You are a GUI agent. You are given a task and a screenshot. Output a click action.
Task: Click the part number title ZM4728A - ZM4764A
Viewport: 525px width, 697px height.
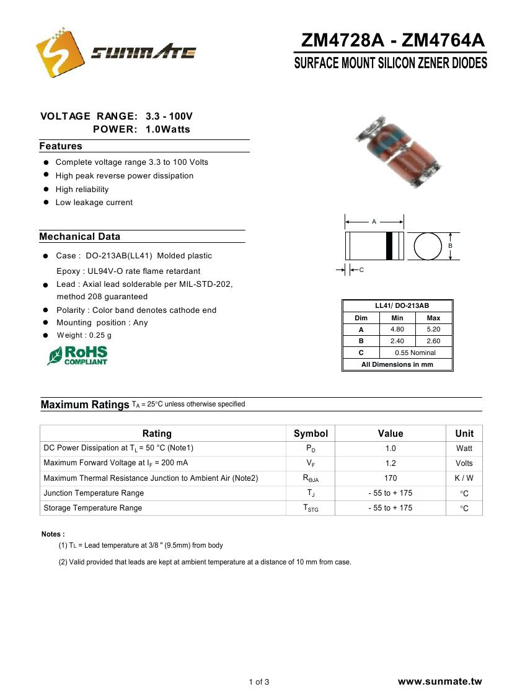tap(392, 41)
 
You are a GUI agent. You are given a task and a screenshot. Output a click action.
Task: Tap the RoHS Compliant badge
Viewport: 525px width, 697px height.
tap(77, 356)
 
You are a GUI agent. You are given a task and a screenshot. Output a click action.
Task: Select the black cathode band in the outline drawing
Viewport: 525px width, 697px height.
tap(390, 246)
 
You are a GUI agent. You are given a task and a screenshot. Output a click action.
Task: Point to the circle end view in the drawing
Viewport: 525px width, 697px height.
tap(426, 246)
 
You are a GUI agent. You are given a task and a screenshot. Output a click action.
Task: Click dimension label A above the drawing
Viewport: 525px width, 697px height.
tap(374, 221)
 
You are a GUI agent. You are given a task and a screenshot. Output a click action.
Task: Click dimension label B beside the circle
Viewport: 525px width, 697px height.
tap(451, 246)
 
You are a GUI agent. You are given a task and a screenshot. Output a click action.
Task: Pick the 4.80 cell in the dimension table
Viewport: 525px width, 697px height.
tap(397, 330)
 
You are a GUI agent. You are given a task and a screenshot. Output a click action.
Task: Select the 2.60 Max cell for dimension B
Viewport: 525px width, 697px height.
tap(433, 341)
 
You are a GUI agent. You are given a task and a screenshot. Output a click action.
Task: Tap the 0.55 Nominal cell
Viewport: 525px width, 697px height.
tap(415, 353)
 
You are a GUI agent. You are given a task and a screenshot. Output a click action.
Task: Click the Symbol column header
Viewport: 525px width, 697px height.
tap(311, 433)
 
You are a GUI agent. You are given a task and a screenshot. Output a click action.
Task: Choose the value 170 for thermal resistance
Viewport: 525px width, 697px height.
tap(390, 478)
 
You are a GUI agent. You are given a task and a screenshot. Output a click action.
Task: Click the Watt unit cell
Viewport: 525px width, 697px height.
tap(464, 449)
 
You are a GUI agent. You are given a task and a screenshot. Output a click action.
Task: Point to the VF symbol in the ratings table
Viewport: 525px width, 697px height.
tap(311, 463)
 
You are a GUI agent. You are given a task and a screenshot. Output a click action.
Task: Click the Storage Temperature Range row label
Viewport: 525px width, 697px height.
tap(93, 508)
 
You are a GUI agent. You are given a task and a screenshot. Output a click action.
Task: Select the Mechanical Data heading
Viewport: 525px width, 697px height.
tap(80, 237)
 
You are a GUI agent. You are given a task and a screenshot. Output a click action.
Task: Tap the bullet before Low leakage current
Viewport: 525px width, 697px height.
tap(46, 203)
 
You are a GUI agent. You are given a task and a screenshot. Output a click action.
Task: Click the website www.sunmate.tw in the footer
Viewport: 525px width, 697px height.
tap(439, 682)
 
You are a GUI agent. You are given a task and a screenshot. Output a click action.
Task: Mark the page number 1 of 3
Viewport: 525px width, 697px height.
tap(259, 682)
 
